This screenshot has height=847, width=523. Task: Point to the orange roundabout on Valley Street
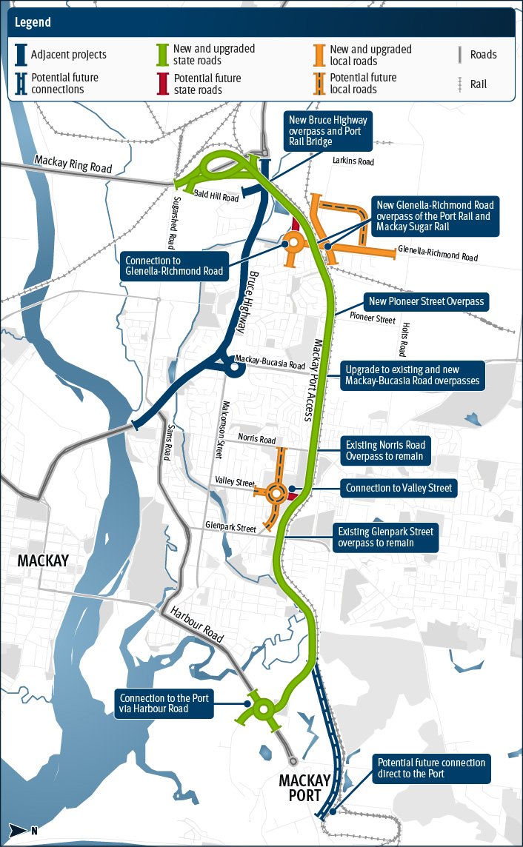(276, 492)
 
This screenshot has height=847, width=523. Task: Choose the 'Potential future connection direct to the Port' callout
(431, 769)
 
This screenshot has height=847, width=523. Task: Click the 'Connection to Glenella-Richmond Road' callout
(174, 266)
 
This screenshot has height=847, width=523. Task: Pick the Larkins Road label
(353, 161)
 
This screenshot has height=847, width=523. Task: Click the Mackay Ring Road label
(73, 164)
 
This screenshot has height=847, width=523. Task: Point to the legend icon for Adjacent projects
(21, 54)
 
